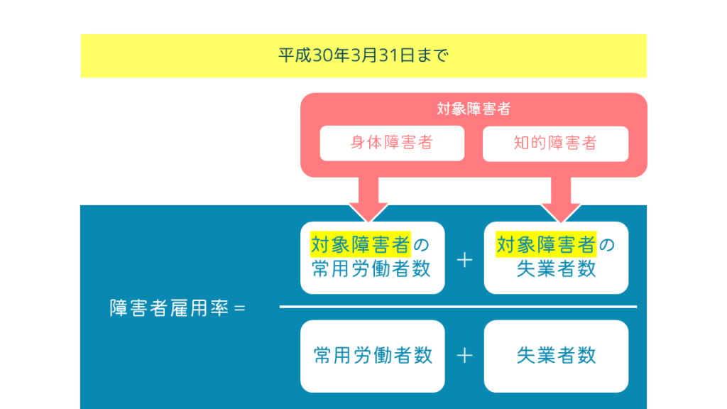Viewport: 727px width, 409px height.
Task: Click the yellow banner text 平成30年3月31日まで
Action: (363, 55)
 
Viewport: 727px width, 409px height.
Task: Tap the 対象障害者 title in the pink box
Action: (474, 109)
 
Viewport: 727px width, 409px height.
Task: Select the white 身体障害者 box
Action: (392, 143)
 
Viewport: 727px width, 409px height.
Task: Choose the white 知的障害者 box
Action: (555, 143)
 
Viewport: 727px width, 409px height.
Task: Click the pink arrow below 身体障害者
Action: (368, 198)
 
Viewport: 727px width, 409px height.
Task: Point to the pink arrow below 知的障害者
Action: (561, 198)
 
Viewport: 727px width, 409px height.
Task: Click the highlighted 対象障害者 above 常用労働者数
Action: (361, 245)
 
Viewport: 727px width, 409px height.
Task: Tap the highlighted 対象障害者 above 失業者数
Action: (546, 245)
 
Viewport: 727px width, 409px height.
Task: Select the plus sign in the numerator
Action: (464, 260)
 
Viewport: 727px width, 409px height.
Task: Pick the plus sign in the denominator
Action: (464, 356)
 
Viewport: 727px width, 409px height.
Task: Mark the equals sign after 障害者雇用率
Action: (239, 310)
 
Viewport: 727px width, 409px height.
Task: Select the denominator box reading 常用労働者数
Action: (373, 356)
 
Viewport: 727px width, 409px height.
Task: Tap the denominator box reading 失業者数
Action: (556, 356)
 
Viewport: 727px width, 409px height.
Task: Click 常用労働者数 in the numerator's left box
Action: (372, 269)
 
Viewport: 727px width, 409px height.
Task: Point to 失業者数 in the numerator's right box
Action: (556, 269)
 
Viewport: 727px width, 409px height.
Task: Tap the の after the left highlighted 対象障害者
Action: (422, 246)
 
